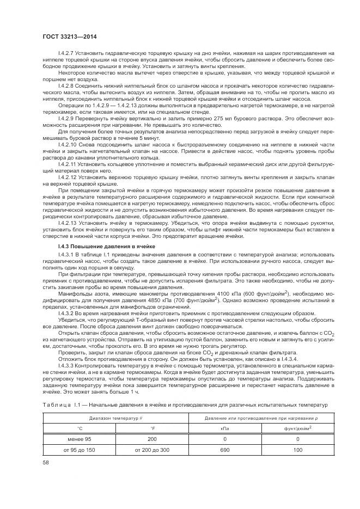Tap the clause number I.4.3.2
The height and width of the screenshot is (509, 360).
click(68, 313)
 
